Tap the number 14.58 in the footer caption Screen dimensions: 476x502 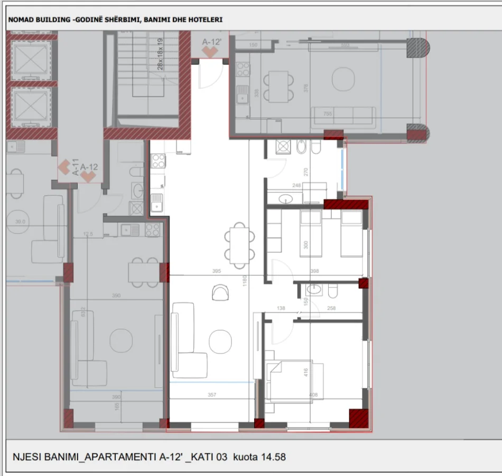(x=273, y=456)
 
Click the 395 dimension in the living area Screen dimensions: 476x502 (x=216, y=271)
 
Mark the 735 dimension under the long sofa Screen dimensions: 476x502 (x=327, y=113)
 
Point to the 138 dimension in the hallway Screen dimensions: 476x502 (x=281, y=308)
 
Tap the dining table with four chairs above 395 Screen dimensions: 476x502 (x=238, y=244)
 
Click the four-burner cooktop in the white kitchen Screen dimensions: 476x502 (x=159, y=160)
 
